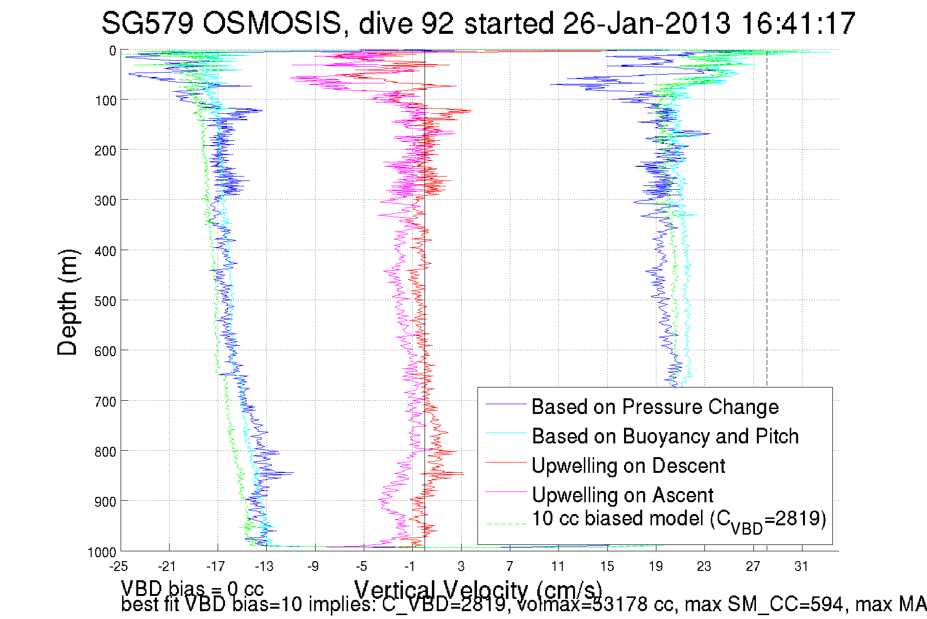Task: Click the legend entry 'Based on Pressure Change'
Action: [655, 407]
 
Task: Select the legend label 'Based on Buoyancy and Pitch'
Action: [665, 437]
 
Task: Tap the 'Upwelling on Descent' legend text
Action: [628, 466]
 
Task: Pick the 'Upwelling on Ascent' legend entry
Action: [623, 495]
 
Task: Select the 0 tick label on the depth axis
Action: [113, 51]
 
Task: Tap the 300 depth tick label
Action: [105, 201]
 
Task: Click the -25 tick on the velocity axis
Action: [119, 567]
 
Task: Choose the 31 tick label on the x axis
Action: [801, 567]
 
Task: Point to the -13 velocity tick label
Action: [264, 567]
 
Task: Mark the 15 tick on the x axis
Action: [607, 567]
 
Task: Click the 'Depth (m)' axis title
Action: [68, 302]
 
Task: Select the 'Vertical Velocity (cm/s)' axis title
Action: [478, 589]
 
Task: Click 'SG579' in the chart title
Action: [148, 24]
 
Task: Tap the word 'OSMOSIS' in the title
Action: [272, 24]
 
